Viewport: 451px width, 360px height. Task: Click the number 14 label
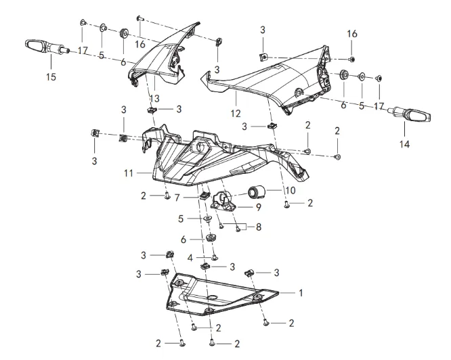point(423,143)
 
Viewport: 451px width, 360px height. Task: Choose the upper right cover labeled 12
point(271,74)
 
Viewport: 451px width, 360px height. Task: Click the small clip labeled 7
point(202,196)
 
